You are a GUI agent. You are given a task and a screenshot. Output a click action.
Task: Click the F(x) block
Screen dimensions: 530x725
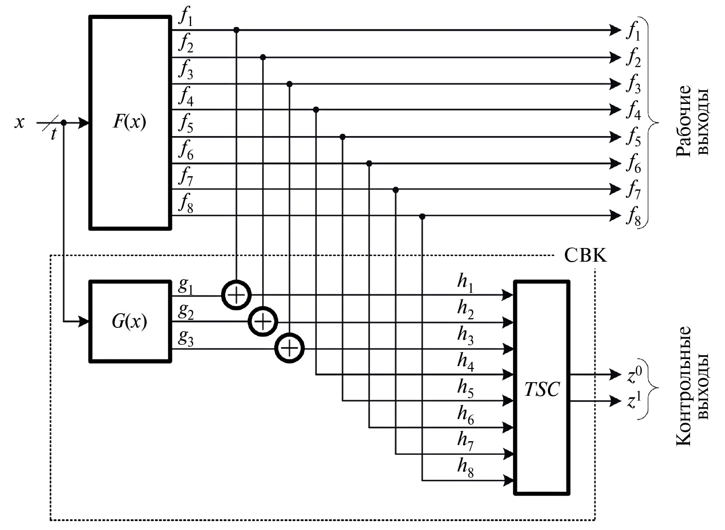(x=130, y=123)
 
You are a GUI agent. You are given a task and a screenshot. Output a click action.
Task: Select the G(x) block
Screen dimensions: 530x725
(x=130, y=322)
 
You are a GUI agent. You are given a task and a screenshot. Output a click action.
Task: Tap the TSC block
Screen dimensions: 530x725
(x=542, y=388)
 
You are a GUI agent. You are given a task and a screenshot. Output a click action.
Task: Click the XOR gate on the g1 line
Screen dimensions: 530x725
(x=236, y=295)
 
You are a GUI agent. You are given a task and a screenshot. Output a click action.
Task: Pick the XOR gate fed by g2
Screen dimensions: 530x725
(x=263, y=322)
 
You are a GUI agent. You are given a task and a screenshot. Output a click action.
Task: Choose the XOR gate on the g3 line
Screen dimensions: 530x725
(x=290, y=349)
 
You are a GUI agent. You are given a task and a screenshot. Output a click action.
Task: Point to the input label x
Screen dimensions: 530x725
(x=19, y=123)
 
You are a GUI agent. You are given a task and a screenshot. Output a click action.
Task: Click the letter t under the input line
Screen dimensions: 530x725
(x=53, y=135)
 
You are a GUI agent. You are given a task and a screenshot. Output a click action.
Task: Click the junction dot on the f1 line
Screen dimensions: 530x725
(x=237, y=30)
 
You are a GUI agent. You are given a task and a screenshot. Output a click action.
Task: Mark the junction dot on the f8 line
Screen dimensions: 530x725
(x=422, y=216)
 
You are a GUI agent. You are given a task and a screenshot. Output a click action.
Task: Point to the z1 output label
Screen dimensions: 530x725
(x=634, y=402)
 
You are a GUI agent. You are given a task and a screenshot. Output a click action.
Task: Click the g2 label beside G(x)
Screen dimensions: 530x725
(x=185, y=311)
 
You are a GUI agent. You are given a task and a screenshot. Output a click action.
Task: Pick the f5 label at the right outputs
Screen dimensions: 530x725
(x=633, y=138)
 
